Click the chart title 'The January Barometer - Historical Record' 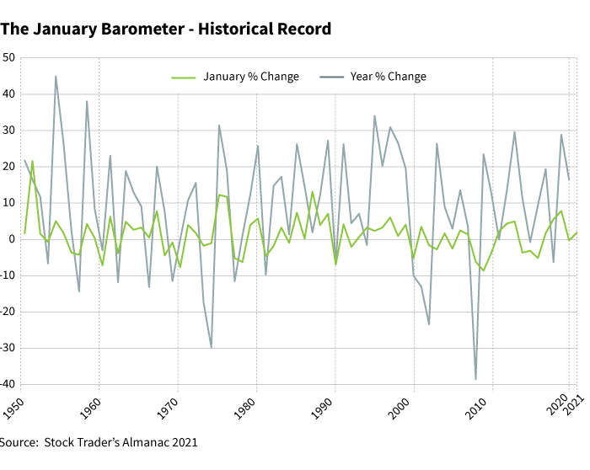coord(165,29)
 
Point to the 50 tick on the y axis coord(10,58)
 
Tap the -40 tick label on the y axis coord(8,384)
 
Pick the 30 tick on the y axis coord(10,131)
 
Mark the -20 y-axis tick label coord(8,312)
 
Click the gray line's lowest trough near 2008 coord(475,379)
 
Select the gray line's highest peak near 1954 coord(56,77)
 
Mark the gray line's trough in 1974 coord(211,347)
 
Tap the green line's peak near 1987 coord(313,192)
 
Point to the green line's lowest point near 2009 coord(483,270)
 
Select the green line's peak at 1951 coord(32,161)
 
